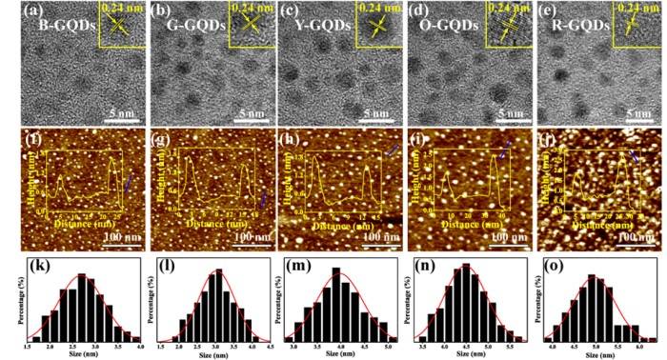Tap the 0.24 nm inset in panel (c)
click(376, 24)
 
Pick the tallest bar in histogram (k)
click(82, 306)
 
